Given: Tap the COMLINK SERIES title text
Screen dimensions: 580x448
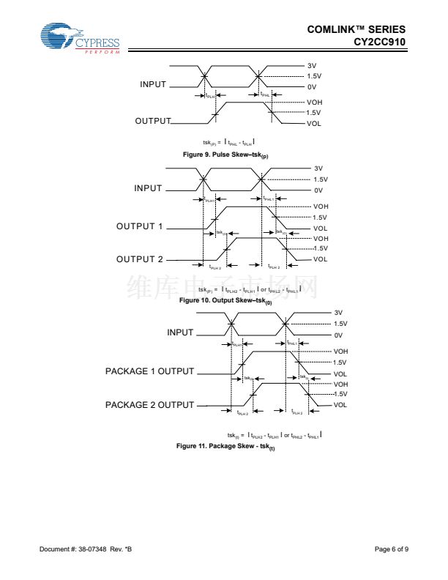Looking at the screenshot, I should tap(356, 29).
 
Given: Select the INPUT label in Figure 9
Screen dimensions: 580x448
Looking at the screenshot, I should tap(152, 84).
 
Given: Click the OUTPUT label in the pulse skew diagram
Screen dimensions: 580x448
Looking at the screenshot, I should tap(153, 121).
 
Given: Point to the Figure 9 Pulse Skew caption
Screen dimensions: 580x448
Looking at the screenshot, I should tap(225, 155).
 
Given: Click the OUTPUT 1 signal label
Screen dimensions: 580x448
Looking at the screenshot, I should tap(140, 226).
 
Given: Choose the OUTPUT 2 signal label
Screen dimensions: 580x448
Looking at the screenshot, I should tap(140, 259).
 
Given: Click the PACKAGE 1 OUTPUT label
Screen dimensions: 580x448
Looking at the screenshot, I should tap(150, 371).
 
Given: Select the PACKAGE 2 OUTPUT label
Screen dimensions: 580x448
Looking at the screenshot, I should tap(150, 405).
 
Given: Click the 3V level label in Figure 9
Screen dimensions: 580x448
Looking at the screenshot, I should tap(311, 66).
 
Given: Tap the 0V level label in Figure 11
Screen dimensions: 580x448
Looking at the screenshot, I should tap(338, 335).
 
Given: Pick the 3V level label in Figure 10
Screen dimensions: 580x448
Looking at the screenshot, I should tap(318, 168).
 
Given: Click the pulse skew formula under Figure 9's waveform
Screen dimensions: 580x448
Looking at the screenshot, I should tap(228, 142).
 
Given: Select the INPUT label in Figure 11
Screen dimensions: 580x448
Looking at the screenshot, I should tap(180, 332).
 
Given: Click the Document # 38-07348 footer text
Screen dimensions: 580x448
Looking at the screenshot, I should tap(86, 549).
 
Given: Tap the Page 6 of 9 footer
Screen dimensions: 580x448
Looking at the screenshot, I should tap(392, 549).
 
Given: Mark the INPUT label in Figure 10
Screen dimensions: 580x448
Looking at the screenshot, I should tap(148, 188).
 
